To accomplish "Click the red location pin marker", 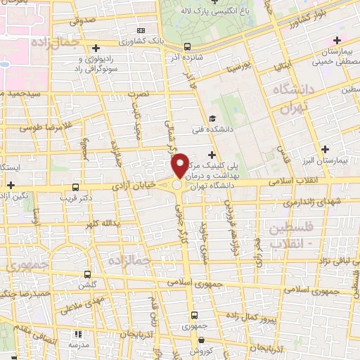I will (x=180, y=165).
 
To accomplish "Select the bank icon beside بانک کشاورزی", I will (x=141, y=30).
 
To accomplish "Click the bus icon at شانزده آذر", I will (x=186, y=47).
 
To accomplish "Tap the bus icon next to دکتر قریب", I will (x=75, y=187).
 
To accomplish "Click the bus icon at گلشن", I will (x=87, y=274).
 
